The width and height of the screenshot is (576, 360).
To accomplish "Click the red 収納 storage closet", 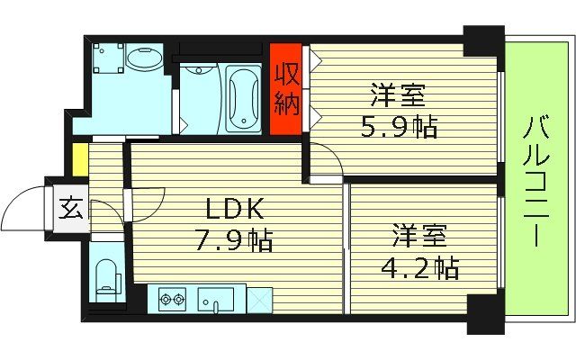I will coord(287,88).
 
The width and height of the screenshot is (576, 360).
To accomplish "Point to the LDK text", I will coord(234,211).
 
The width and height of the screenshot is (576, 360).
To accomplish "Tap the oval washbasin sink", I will coord(143,59).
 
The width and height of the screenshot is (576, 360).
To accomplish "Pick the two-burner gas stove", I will coord(171,298).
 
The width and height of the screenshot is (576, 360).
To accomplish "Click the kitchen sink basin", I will coord(215,298).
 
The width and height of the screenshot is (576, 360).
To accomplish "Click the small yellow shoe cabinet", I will coord(80,160).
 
